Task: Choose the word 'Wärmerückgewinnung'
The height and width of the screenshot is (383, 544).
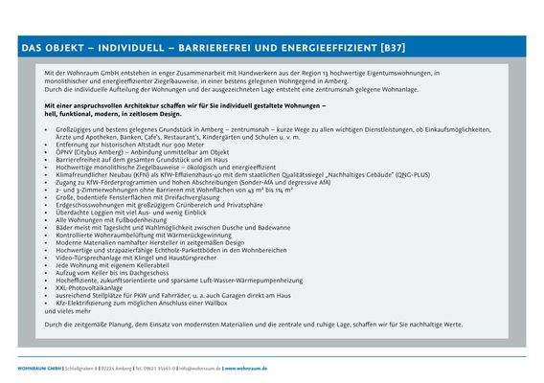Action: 183,234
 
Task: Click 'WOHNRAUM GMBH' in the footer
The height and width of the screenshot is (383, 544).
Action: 41,368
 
